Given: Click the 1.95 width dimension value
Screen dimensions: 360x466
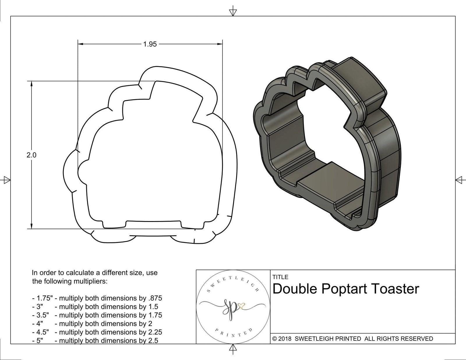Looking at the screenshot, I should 150,44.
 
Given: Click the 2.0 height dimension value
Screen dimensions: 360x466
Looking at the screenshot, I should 31,155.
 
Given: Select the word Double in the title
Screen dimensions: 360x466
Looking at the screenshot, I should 296,289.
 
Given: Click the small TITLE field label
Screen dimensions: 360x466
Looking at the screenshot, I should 280,277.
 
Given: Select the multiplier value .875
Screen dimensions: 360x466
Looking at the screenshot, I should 155,298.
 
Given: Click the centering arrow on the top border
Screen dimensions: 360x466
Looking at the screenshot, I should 233,12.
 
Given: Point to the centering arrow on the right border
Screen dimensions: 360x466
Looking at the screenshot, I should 459,180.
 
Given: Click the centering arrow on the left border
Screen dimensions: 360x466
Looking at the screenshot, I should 6,180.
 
